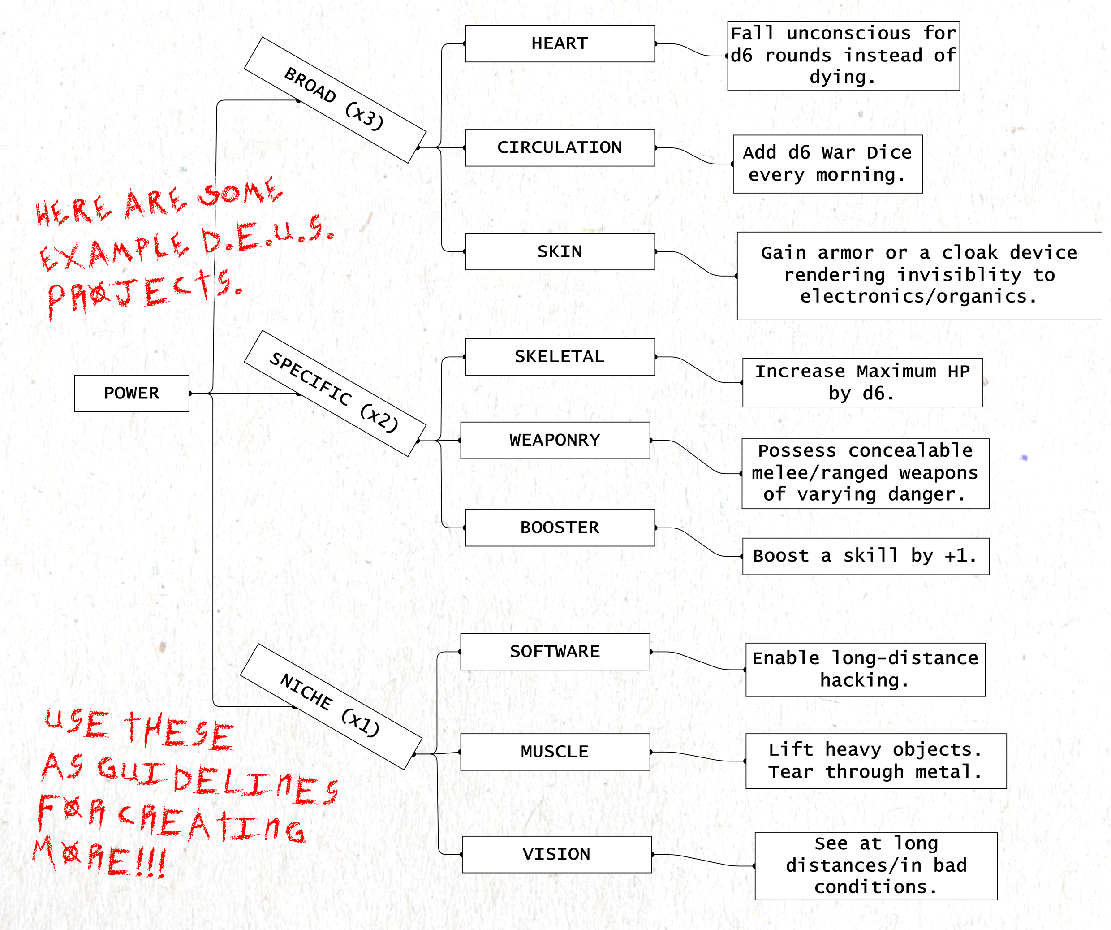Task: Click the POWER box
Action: pyautogui.click(x=131, y=393)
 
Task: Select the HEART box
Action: pyautogui.click(x=560, y=43)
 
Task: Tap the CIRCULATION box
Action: pyautogui.click(x=560, y=147)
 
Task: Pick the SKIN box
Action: pyautogui.click(x=560, y=251)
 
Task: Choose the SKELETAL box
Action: pyautogui.click(x=560, y=357)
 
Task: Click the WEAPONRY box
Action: pyautogui.click(x=555, y=440)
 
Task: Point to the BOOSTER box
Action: pyautogui.click(x=560, y=528)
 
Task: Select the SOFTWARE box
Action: pyautogui.click(x=555, y=652)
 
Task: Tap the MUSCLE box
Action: pyautogui.click(x=555, y=752)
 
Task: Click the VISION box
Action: pyautogui.click(x=556, y=854)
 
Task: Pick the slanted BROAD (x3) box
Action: pyautogui.click(x=335, y=100)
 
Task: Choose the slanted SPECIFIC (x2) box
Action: pyautogui.click(x=335, y=393)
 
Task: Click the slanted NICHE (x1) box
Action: pyautogui.click(x=331, y=707)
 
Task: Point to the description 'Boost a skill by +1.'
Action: pyautogui.click(x=866, y=556)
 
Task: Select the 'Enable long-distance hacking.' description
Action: pyautogui.click(x=865, y=670)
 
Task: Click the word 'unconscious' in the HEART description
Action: pyautogui.click(x=848, y=33)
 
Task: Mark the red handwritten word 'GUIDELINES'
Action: pyautogui.click(x=217, y=778)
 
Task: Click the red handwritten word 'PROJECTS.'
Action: pyautogui.click(x=143, y=291)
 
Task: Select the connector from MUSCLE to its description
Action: pyautogui.click(x=698, y=757)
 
